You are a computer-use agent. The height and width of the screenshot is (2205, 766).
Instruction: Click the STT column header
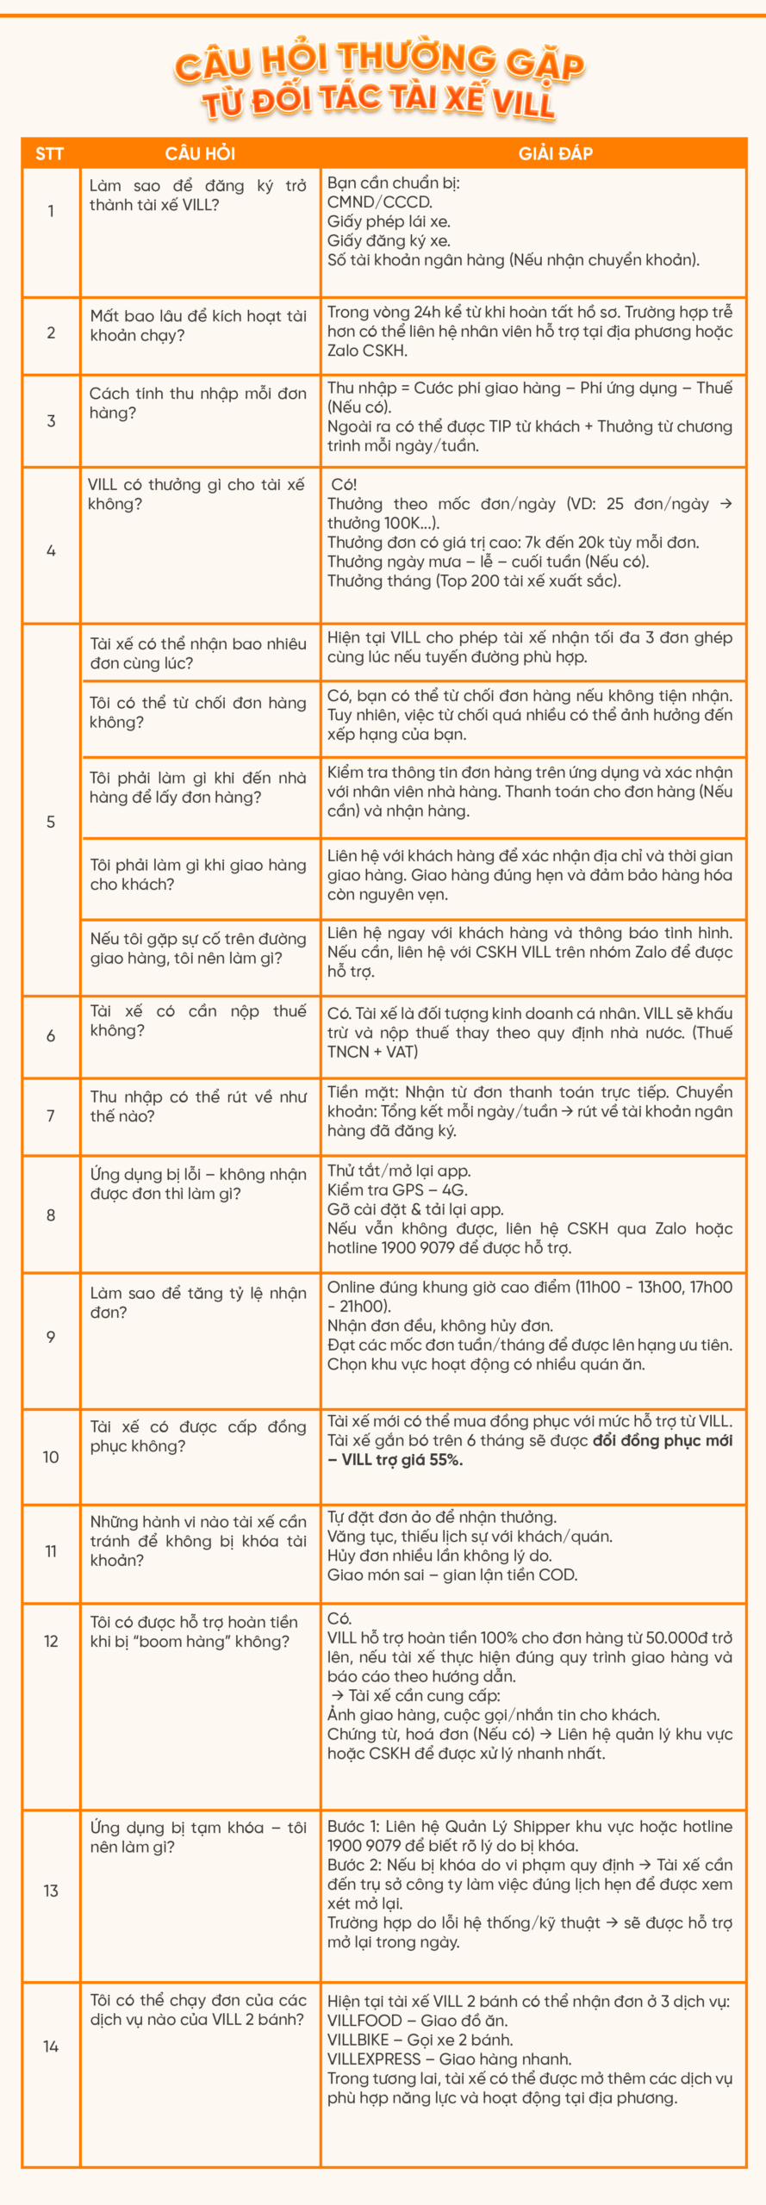pyautogui.click(x=49, y=154)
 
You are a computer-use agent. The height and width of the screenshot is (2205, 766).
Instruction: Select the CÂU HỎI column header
pyautogui.click(x=200, y=154)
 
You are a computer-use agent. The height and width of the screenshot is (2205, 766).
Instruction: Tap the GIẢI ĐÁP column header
pyautogui.click(x=555, y=154)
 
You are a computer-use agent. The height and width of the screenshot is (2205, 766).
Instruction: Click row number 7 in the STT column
pyautogui.click(x=51, y=1115)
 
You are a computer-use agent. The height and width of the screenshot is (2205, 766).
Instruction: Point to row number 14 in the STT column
pyautogui.click(x=51, y=2046)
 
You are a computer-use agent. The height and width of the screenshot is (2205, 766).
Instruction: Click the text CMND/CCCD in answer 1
pyautogui.click(x=379, y=202)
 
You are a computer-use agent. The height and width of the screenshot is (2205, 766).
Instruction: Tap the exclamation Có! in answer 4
pyautogui.click(x=344, y=485)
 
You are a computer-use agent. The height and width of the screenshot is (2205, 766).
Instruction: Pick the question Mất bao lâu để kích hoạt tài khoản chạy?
pyautogui.click(x=198, y=326)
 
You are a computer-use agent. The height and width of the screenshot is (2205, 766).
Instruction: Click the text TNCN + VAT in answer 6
pyautogui.click(x=372, y=1052)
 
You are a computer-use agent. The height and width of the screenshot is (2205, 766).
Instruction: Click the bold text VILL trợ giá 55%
pyautogui.click(x=402, y=1459)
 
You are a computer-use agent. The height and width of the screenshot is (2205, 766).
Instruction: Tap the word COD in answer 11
pyautogui.click(x=561, y=1575)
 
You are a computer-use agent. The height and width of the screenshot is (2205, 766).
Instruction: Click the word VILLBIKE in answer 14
pyautogui.click(x=358, y=2040)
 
